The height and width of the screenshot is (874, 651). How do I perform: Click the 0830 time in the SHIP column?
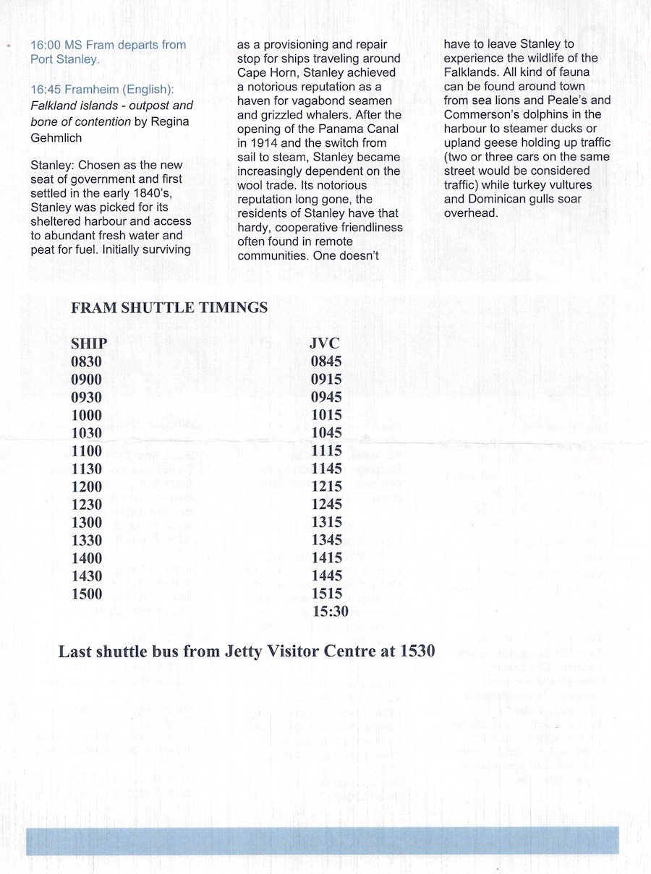coord(87,361)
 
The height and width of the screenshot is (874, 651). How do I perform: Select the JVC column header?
coord(324,343)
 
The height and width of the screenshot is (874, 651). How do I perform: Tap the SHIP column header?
coord(88,343)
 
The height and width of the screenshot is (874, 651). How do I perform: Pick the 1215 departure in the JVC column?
coord(326,487)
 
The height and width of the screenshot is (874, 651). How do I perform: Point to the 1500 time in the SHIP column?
coord(87,594)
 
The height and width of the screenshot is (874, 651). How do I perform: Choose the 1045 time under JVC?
coord(326,433)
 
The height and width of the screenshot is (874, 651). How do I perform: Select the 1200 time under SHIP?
coord(87,487)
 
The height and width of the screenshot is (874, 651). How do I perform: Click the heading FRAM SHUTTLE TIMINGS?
coord(169,308)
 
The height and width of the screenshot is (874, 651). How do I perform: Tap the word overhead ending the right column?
coord(470,213)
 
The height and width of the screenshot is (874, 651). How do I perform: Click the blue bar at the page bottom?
coord(323,841)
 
